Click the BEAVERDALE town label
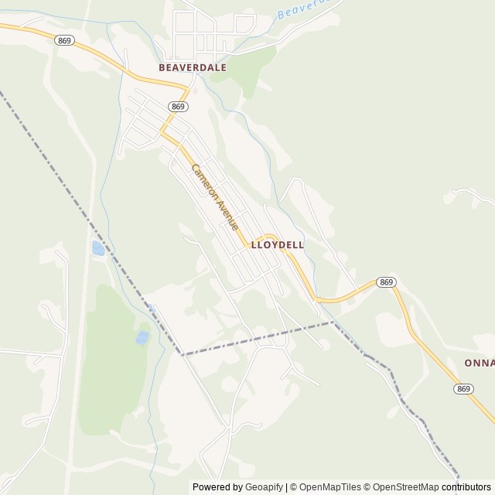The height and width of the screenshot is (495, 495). [193, 67]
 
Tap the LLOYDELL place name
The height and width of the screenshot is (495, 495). [277, 244]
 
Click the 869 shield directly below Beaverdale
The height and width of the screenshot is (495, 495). [179, 107]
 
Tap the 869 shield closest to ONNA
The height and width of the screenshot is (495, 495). [464, 388]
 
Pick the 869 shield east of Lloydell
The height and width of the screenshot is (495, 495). [387, 282]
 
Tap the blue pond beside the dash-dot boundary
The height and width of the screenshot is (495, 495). [98, 248]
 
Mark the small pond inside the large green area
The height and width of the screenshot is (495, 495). [142, 338]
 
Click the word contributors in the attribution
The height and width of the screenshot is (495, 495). [466, 487]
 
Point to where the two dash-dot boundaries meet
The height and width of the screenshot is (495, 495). [183, 355]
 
